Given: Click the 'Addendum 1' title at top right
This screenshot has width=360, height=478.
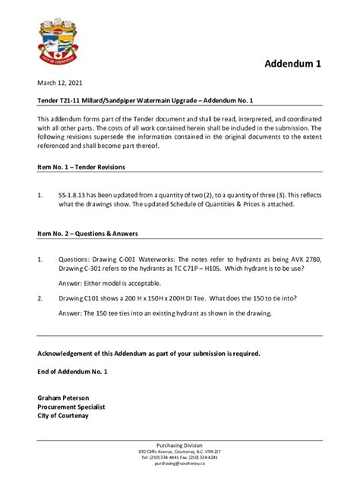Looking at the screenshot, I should (x=292, y=64).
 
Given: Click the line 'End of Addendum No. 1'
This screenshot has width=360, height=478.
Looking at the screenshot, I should (x=73, y=372).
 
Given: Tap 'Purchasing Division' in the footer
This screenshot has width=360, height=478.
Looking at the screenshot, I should (x=179, y=445).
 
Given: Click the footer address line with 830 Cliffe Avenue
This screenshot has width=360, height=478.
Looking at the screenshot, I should (x=179, y=451).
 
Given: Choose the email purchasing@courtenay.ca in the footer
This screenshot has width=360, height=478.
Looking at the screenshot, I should (x=180, y=464).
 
